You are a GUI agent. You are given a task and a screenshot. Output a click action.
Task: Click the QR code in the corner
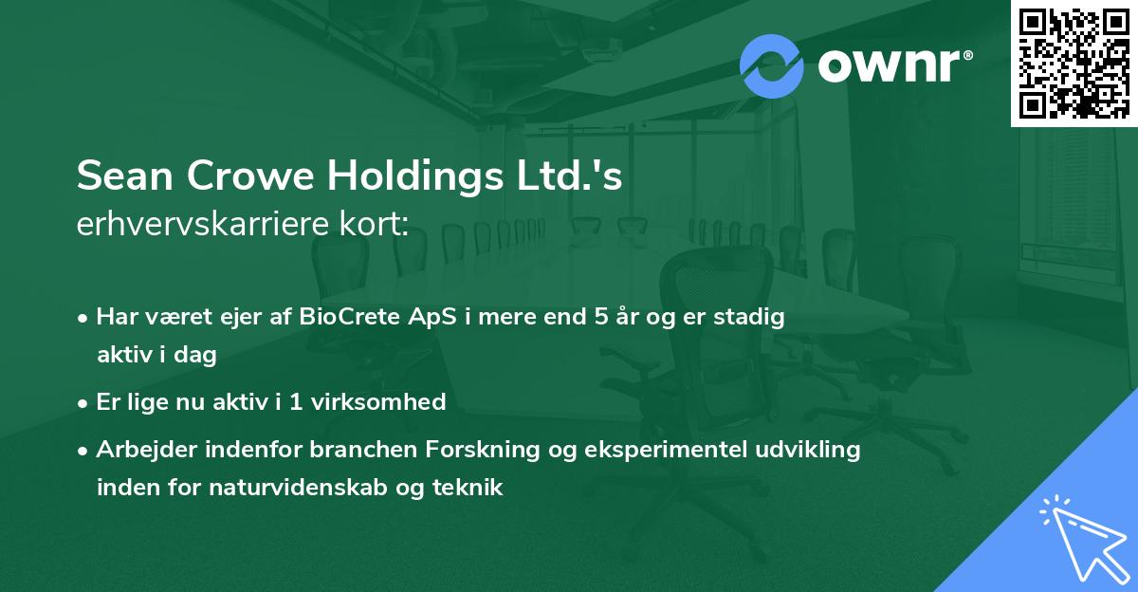pyautogui.click(x=1074, y=64)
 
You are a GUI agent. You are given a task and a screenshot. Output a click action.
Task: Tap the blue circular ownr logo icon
pyautogui.click(x=773, y=65)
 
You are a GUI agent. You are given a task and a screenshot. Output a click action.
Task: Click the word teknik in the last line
pyautogui.click(x=472, y=488)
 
